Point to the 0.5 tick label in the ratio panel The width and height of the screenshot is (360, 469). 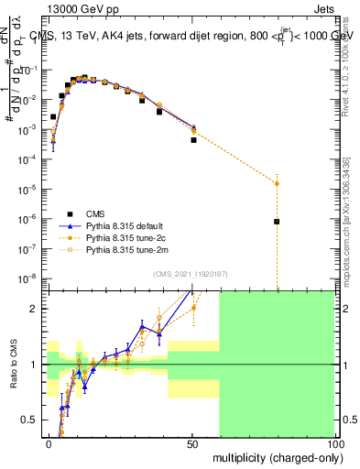tap(27, 420)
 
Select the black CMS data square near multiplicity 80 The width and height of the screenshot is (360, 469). tap(277, 222)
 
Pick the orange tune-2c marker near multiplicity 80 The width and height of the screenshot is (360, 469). tap(277, 183)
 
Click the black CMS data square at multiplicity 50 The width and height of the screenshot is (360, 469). tap(193, 140)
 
